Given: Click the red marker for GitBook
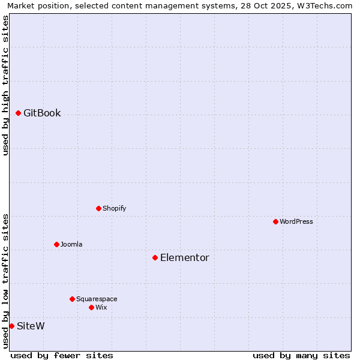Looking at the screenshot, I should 19,113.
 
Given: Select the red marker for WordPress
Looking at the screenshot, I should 275,221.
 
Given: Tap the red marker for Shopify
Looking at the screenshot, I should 98,208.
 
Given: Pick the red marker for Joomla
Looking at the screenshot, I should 56,244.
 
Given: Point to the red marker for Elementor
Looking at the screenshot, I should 155,257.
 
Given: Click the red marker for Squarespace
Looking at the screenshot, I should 72,299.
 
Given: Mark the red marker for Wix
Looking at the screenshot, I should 91,307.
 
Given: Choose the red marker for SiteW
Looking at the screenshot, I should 11,326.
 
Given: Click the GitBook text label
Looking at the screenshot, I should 42,113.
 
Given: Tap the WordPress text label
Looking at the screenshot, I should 296,222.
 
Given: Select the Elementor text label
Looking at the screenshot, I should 185,258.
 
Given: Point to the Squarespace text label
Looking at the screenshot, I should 97,299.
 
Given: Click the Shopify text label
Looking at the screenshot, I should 114,209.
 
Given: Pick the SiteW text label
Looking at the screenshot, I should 31,326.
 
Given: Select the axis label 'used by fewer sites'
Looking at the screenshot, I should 62,355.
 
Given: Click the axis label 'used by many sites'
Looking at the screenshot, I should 301,355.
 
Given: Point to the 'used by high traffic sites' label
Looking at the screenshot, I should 6,85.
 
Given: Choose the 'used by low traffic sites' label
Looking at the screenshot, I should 6,281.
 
